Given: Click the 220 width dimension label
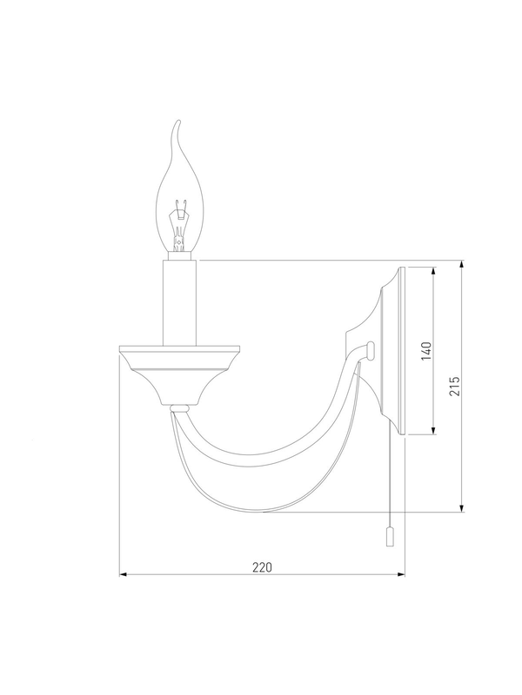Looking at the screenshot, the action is [262, 567].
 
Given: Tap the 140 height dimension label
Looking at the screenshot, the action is [426, 351].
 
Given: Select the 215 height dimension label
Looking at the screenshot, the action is [454, 386].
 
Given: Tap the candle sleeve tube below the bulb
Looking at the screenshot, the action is [179, 302].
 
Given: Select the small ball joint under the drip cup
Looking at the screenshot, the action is [180, 407].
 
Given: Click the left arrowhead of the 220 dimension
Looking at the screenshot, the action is [123, 574].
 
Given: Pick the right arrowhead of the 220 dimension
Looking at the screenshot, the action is [401, 574].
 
